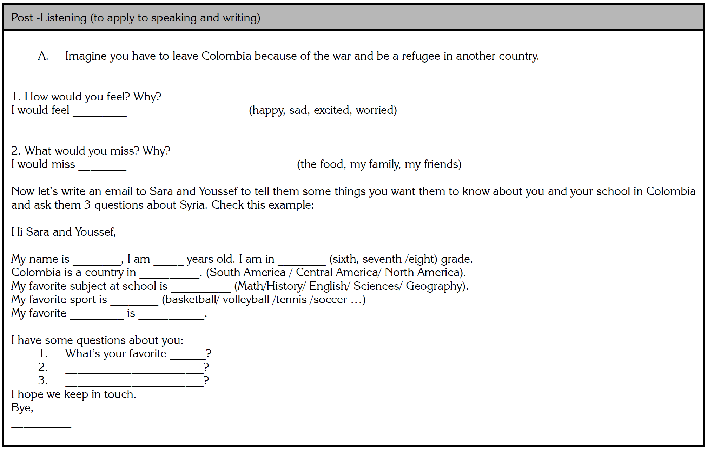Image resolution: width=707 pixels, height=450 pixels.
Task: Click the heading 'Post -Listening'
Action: [49, 18]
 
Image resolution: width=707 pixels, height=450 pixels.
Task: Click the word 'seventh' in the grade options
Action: [382, 259]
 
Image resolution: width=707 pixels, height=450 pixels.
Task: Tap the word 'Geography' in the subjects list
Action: [433, 286]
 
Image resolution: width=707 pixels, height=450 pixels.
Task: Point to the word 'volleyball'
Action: [246, 300]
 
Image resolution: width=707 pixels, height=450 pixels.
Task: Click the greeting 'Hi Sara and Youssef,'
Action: [64, 232]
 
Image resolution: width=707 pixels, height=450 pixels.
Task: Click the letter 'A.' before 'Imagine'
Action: [43, 56]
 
